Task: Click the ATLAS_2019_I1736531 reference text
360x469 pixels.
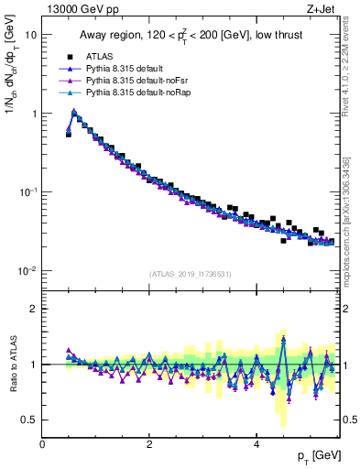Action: tap(191, 274)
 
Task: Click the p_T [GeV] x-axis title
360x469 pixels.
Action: tap(317, 455)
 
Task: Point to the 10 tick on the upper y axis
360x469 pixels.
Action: tap(31, 34)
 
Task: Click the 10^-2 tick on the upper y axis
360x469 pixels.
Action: tap(27, 271)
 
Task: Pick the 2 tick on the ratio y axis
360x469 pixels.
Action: tap(34, 309)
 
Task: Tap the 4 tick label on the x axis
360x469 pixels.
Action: tap(256, 443)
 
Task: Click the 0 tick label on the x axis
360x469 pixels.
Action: tap(43, 443)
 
